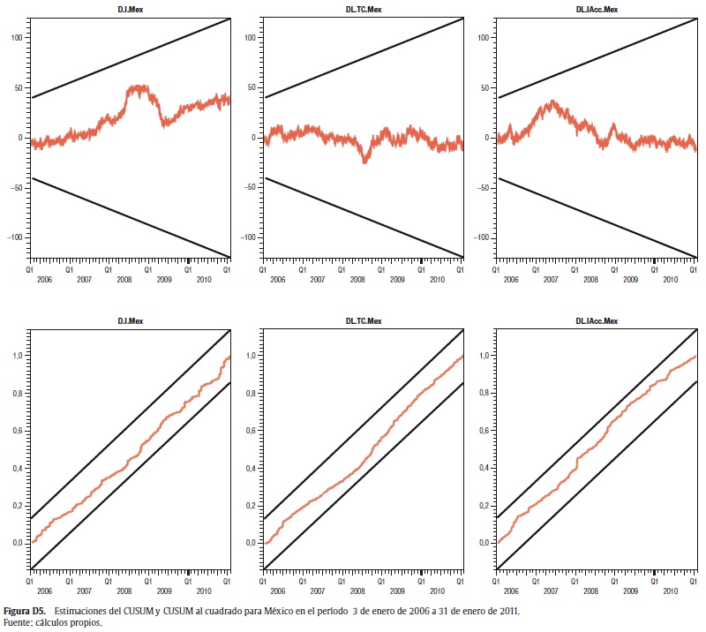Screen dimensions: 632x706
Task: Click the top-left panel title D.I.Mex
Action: click(131, 11)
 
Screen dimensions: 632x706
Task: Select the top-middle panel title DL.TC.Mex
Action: click(364, 11)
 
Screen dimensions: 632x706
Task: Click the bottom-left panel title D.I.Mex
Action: click(131, 322)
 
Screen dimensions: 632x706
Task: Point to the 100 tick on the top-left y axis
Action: click(16, 38)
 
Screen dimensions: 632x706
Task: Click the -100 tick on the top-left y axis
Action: click(14, 237)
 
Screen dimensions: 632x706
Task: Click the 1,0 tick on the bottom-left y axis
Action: click(16, 356)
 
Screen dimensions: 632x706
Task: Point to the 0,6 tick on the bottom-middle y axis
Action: click(250, 431)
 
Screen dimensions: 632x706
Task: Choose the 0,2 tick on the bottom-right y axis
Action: click(483, 506)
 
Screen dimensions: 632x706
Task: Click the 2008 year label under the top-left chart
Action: click(124, 279)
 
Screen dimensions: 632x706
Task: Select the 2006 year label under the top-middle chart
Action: click(278, 279)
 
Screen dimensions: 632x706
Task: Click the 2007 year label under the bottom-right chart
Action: click(552, 592)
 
